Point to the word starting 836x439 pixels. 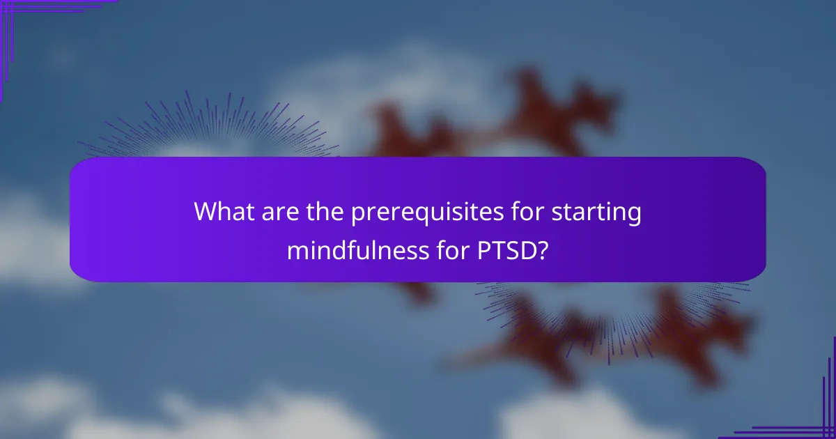point(598,213)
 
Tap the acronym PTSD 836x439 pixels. point(500,249)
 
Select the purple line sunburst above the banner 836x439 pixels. point(209,129)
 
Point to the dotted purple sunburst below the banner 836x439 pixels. point(613,314)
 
